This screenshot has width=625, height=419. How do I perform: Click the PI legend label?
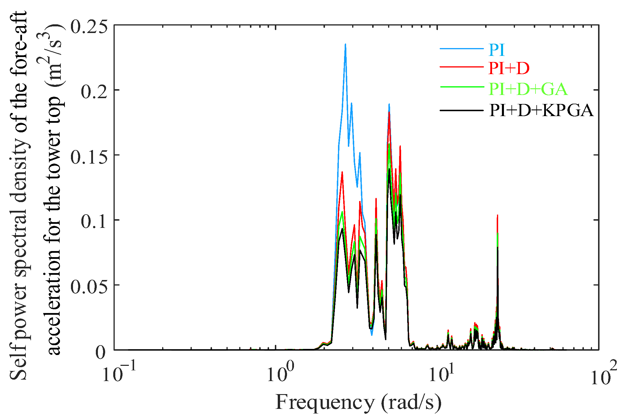(x=497, y=50)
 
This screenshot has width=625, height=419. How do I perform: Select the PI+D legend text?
(x=509, y=68)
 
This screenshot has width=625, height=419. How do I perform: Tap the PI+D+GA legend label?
(x=528, y=89)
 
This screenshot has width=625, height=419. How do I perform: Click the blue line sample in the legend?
(x=462, y=49)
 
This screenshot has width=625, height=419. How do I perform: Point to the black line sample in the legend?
(x=462, y=110)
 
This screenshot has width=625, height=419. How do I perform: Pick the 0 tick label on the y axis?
(x=100, y=352)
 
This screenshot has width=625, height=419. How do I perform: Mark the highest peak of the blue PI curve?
(x=346, y=44)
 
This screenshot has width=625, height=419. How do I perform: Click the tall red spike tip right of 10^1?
(x=498, y=215)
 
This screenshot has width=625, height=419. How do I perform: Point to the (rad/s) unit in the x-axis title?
(x=411, y=402)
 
